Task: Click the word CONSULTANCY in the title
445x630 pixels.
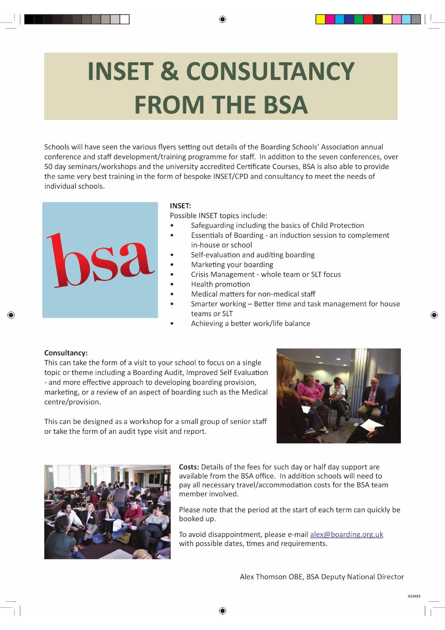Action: (x=270, y=72)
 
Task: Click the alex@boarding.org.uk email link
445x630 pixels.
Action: (x=346, y=534)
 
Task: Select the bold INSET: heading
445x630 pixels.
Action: (x=180, y=206)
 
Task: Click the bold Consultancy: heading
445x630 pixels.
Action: (x=66, y=353)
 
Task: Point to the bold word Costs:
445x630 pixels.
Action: (x=189, y=467)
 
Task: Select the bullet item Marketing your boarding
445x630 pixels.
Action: (x=232, y=265)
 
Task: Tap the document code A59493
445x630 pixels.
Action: (x=414, y=596)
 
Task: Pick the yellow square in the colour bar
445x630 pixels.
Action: (x=321, y=19)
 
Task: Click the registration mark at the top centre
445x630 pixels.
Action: (x=222, y=19)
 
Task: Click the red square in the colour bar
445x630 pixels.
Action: (x=368, y=19)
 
